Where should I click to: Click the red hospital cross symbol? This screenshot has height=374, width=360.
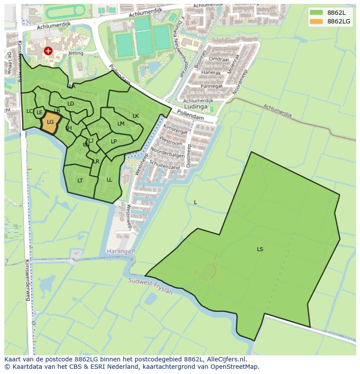click(x=48, y=51)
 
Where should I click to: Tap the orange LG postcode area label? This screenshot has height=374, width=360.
click(x=50, y=122)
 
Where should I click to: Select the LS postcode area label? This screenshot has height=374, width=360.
click(x=260, y=249)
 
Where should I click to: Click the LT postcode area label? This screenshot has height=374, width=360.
click(x=80, y=181)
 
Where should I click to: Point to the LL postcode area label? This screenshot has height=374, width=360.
click(x=109, y=180)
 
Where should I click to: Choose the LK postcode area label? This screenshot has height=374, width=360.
click(x=136, y=116)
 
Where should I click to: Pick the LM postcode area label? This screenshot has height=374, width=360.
click(x=121, y=124)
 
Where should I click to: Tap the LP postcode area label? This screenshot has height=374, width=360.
click(x=113, y=142)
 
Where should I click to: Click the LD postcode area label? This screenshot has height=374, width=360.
click(x=70, y=104)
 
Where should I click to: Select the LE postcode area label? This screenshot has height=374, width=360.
click(x=40, y=113)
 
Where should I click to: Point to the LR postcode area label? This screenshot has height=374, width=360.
click(x=96, y=162)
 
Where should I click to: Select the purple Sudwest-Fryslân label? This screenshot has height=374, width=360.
click(x=150, y=287)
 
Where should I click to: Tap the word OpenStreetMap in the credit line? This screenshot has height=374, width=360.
click(x=238, y=367)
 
